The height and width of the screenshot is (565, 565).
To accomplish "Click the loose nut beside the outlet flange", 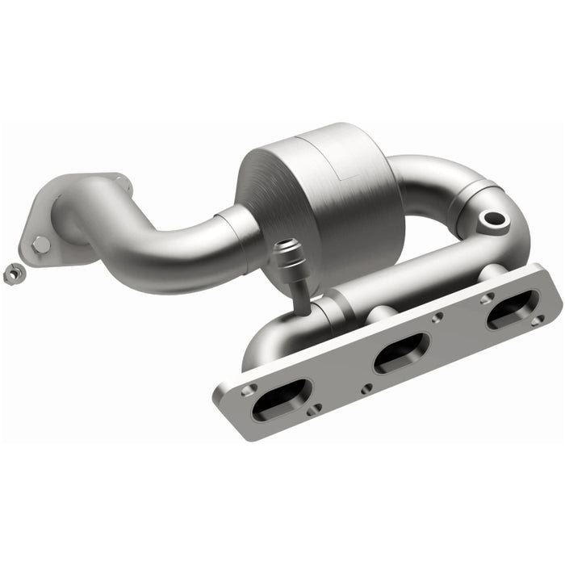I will (x=13, y=274).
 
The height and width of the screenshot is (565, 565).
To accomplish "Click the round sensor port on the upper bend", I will (x=491, y=218).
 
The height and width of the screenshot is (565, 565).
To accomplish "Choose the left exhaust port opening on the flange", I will (x=282, y=399).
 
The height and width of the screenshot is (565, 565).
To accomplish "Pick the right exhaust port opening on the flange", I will (x=513, y=308).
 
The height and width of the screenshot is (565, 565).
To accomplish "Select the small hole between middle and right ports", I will (x=437, y=318).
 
